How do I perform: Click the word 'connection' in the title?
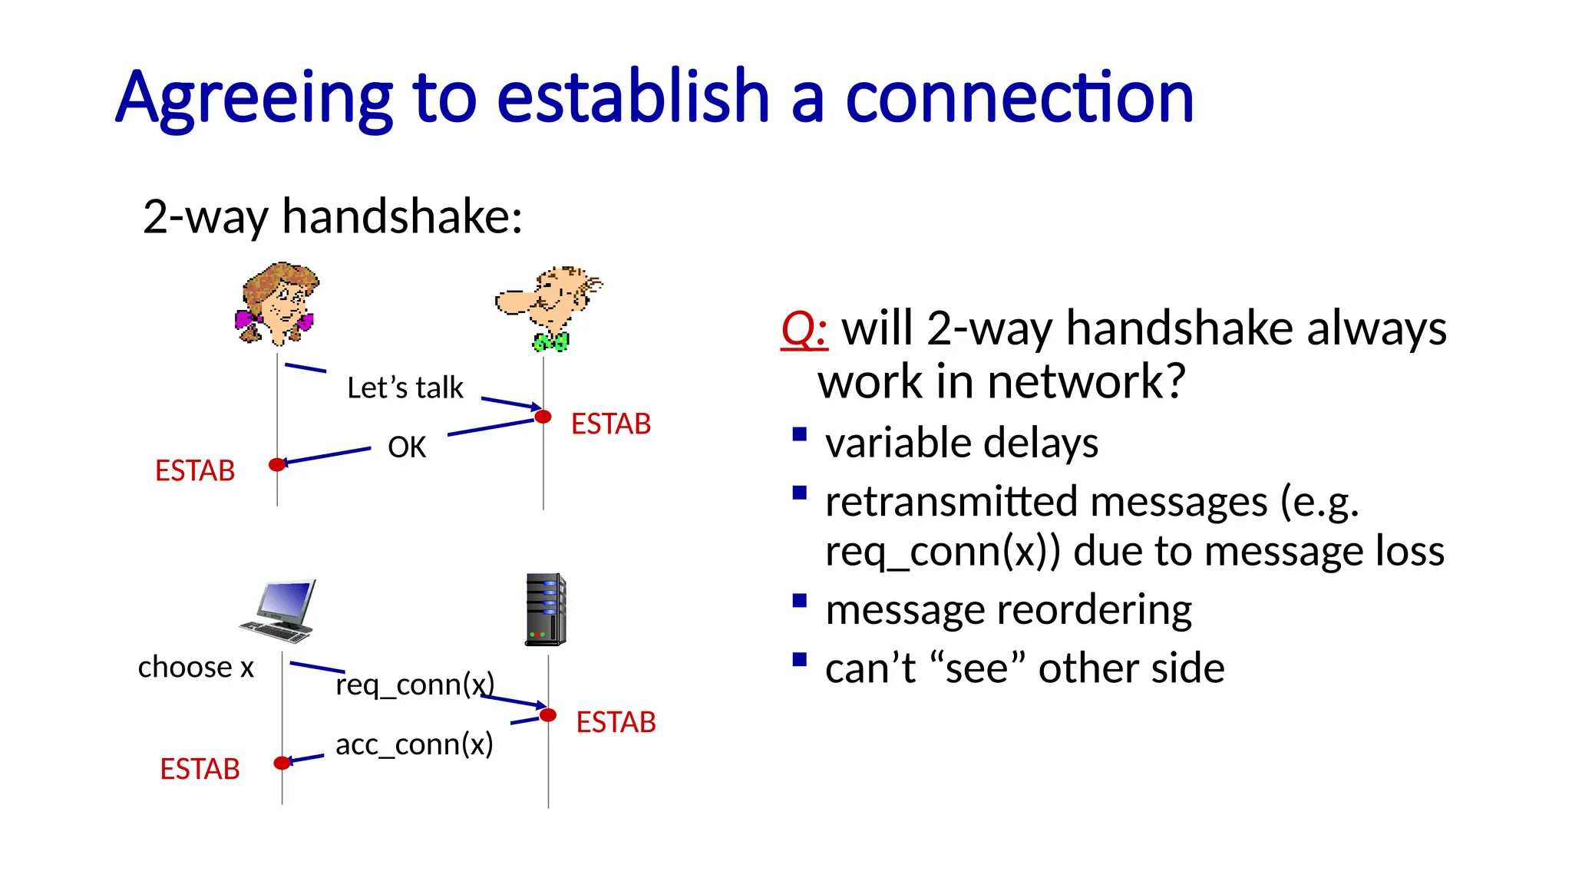point(1019,97)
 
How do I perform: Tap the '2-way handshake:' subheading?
point(332,216)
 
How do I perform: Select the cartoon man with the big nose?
point(550,307)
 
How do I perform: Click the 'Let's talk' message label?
point(405,388)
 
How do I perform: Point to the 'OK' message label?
point(407,447)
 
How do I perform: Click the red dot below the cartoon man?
point(543,417)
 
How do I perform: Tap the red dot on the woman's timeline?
point(277,464)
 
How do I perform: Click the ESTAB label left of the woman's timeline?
point(195,470)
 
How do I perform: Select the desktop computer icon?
point(278,611)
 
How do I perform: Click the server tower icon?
point(546,609)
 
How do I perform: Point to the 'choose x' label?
point(196,667)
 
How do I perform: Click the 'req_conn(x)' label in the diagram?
point(414,684)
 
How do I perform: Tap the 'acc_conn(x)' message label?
point(414,744)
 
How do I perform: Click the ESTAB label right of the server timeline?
point(616,722)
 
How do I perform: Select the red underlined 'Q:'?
point(804,329)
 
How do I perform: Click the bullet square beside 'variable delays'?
point(800,434)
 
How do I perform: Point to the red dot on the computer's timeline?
point(282,762)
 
